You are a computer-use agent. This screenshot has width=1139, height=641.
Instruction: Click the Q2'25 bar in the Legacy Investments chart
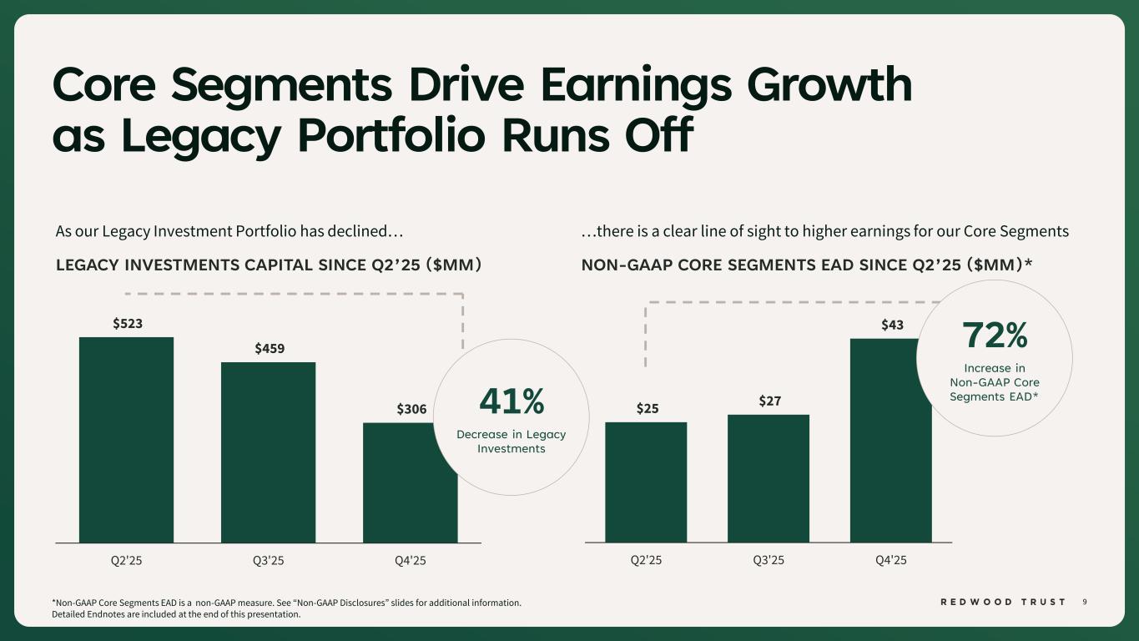pyautogui.click(x=126, y=440)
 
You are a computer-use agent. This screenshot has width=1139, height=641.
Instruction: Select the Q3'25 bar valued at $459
pyautogui.click(x=268, y=452)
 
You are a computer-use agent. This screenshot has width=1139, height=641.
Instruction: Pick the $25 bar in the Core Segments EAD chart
pyautogui.click(x=646, y=482)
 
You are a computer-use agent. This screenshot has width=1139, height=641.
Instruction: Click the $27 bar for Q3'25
pyautogui.click(x=769, y=478)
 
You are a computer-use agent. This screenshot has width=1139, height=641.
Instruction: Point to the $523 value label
pyautogui.click(x=128, y=323)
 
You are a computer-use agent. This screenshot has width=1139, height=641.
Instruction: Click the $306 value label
pyautogui.click(x=411, y=409)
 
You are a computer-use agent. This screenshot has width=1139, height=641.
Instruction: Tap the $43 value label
pyautogui.click(x=892, y=325)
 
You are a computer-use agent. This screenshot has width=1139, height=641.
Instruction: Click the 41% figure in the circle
pyautogui.click(x=512, y=402)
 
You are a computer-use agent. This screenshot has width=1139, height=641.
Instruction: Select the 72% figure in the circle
pyautogui.click(x=995, y=336)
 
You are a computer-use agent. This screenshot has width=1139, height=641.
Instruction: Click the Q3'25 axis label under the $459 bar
pyautogui.click(x=269, y=560)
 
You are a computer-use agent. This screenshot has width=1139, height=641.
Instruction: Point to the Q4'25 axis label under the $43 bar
pyautogui.click(x=890, y=560)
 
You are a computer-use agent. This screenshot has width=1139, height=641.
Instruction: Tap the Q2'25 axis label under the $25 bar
pyautogui.click(x=646, y=560)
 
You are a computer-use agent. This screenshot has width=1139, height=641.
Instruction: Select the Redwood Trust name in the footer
pyautogui.click(x=1002, y=602)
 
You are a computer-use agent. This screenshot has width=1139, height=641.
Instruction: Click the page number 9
pyautogui.click(x=1085, y=602)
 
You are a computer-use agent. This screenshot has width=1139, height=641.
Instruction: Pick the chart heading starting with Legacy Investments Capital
pyautogui.click(x=269, y=265)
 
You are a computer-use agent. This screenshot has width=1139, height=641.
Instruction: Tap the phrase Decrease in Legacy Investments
pyautogui.click(x=512, y=442)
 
